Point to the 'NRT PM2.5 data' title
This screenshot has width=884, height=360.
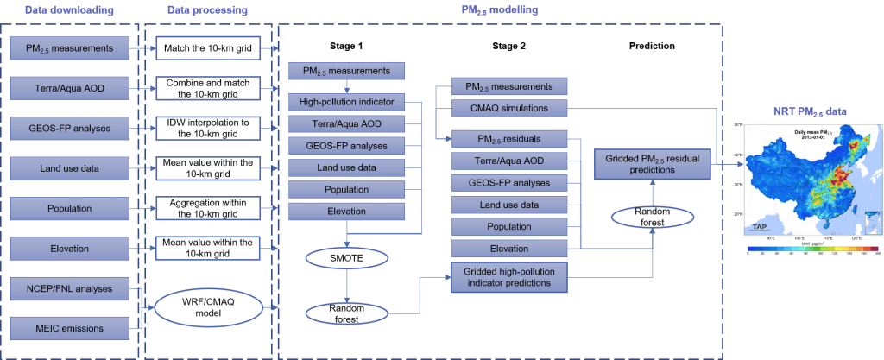(x=805, y=111)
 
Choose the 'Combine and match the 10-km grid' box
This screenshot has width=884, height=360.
(x=207, y=88)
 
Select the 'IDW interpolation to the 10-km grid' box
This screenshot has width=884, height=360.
(x=207, y=129)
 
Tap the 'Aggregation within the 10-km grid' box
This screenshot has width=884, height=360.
(x=207, y=208)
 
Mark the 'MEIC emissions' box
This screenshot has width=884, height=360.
(x=69, y=328)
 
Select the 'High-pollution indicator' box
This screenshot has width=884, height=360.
(x=345, y=102)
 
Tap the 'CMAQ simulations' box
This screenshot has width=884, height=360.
(x=509, y=108)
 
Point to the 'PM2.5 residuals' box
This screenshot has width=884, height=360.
(x=509, y=139)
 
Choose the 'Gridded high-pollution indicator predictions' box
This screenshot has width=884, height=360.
(x=509, y=277)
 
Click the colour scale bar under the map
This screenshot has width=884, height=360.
(x=805, y=254)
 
